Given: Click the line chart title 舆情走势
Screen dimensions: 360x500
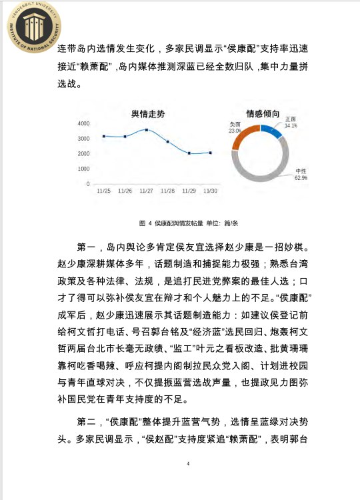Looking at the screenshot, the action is coord(149,114).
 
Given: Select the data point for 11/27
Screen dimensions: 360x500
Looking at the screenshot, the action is coord(147,130).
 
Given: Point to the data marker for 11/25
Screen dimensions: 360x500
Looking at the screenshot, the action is coord(104,136).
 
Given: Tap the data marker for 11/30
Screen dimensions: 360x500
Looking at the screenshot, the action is coord(211,153).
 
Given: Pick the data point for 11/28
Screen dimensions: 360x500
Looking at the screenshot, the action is coord(168,142).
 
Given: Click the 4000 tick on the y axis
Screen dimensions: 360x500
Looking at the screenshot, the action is coord(84,124).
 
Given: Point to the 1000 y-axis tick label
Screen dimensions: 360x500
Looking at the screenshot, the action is coord(84,169).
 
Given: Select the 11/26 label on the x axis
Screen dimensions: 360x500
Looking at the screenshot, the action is coord(125,191).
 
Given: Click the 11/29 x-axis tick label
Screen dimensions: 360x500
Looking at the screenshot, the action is coord(189,191).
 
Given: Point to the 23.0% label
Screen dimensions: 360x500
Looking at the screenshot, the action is coord(235,131).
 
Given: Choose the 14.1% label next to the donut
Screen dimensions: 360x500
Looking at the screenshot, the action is coord(291,125).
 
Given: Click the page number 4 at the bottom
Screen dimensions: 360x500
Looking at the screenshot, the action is coord(189,463).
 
